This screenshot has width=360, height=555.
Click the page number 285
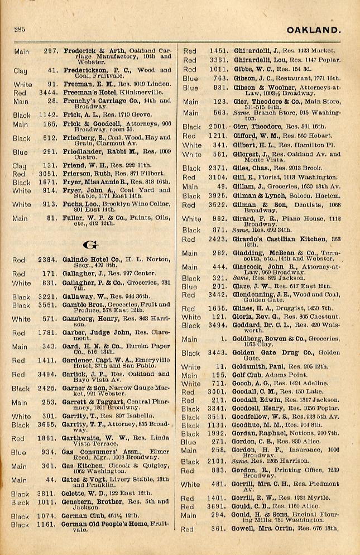[x=20, y=30]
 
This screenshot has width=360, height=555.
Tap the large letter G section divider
[x=87, y=245]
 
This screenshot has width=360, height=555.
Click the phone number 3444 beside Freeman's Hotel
[x=50, y=93]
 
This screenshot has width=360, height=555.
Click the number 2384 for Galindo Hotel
[x=49, y=260]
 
